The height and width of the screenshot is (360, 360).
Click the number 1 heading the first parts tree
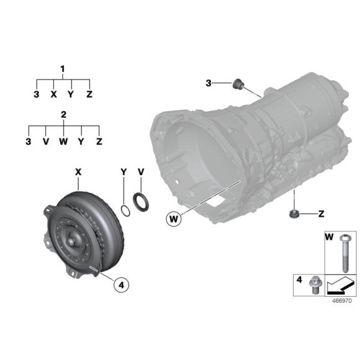click(x=62, y=68)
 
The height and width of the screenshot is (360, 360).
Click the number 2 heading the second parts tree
click(x=63, y=115)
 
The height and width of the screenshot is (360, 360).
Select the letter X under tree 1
click(x=54, y=94)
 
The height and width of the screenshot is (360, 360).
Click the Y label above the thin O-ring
click(x=124, y=170)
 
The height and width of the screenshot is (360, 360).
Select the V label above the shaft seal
click(x=141, y=170)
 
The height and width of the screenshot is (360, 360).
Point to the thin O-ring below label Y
click(x=125, y=210)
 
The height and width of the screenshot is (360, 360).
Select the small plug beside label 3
click(x=236, y=84)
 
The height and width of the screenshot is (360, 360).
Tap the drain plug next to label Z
click(x=292, y=214)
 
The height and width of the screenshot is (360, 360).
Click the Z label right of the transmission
click(x=322, y=214)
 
